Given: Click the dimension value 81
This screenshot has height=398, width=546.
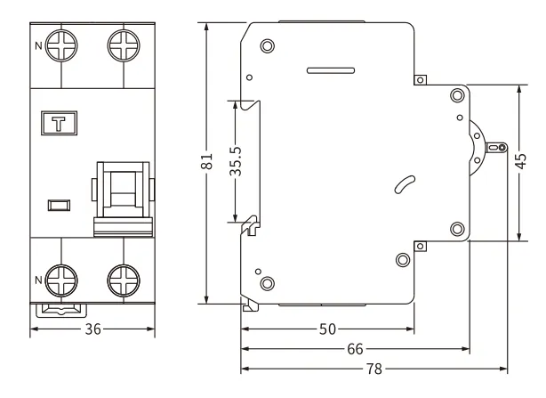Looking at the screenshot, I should [206, 162].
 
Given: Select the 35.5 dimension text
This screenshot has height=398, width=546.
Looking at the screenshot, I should [236, 160].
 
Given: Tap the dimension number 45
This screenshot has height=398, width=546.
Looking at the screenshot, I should [520, 162].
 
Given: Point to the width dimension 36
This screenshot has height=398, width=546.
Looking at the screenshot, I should [93, 329].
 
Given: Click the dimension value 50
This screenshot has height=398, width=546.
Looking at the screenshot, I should [327, 329].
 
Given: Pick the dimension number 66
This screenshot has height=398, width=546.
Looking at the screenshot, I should [355, 348].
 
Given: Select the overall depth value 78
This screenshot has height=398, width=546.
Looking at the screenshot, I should [374, 368].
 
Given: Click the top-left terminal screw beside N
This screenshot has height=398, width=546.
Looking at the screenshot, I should [61, 46].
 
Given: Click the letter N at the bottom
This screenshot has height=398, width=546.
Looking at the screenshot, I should [37, 280].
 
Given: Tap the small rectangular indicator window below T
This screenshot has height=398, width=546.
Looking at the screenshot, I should [60, 207].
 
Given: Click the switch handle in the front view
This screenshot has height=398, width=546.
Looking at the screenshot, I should [122, 194].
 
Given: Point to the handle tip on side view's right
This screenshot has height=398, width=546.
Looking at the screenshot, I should [501, 147].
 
